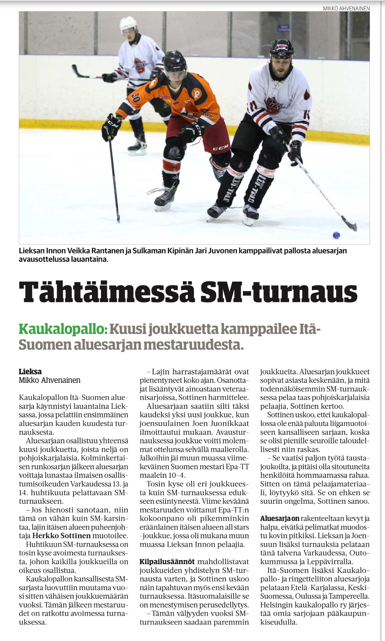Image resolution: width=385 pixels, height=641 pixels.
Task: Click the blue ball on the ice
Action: pos(336,235)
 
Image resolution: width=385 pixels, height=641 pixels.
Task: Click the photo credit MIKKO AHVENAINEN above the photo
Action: pos(346,9)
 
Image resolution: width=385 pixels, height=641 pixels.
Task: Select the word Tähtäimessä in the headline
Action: pos(105,292)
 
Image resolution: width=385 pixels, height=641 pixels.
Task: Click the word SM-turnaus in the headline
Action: pos(278,292)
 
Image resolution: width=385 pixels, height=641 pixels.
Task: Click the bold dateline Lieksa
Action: pos(30,372)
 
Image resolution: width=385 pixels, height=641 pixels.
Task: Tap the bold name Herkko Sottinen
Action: pos(61,536)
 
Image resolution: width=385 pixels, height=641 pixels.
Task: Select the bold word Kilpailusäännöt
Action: pos(167,562)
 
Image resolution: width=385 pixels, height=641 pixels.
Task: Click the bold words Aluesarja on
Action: pos(280,518)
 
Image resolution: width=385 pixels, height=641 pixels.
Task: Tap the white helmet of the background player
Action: pos(128,23)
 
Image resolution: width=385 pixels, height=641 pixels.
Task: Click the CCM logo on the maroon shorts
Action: pos(220,148)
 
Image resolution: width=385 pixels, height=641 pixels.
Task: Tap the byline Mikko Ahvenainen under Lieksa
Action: pos(50,380)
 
